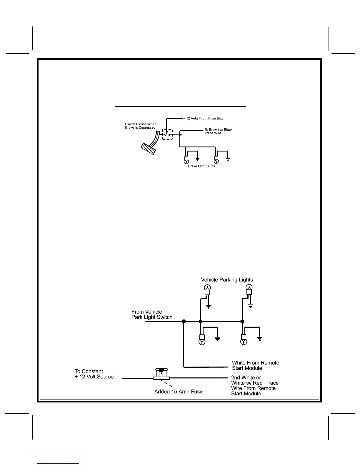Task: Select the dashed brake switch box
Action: (x=167, y=134)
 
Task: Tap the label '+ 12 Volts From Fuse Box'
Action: (x=203, y=119)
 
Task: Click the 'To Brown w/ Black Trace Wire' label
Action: (x=218, y=132)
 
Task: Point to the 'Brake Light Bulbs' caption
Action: (x=201, y=166)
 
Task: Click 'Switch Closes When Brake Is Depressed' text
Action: (x=141, y=126)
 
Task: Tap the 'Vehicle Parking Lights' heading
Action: (x=227, y=280)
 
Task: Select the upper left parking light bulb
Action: (x=207, y=289)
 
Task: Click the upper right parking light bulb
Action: (x=249, y=289)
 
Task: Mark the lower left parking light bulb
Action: (x=202, y=339)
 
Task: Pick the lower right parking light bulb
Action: (x=244, y=339)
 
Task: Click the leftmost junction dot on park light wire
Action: (x=184, y=322)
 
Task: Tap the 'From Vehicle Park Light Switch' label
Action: (x=152, y=314)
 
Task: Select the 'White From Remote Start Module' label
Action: (x=255, y=365)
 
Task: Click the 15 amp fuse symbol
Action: (x=161, y=374)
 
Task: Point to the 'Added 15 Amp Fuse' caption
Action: (x=179, y=392)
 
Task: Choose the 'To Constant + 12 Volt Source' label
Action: (x=94, y=374)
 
